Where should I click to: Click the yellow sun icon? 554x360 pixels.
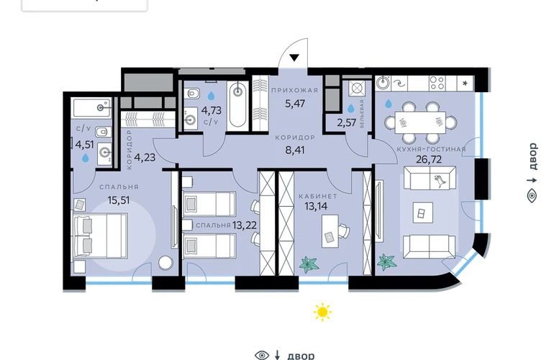click(322, 312)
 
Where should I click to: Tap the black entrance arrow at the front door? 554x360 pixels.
click(294, 58)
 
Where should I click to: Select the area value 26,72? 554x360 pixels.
click(429, 160)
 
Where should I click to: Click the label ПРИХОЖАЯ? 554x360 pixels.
click(295, 91)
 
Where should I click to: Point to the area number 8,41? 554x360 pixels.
click(295, 150)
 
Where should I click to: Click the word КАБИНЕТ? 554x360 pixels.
click(318, 197)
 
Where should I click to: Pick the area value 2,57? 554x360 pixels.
click(346, 122)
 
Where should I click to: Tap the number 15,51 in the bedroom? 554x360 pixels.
click(119, 200)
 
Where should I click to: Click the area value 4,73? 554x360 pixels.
click(212, 110)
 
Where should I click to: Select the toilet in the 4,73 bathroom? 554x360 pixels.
click(194, 94)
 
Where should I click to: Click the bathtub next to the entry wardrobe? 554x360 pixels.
click(237, 104)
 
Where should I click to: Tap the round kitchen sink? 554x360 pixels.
click(382, 83)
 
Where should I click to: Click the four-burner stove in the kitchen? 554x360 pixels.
click(437, 84)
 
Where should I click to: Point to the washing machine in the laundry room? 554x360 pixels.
click(356, 88)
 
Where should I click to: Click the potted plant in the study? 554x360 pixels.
click(309, 264)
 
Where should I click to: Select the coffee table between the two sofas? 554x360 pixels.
click(423, 212)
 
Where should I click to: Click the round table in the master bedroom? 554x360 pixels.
click(165, 262)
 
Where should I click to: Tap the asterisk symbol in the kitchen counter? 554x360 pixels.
click(465, 84)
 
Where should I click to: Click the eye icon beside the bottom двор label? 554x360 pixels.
click(262, 355)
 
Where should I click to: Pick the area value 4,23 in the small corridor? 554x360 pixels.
click(145, 157)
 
